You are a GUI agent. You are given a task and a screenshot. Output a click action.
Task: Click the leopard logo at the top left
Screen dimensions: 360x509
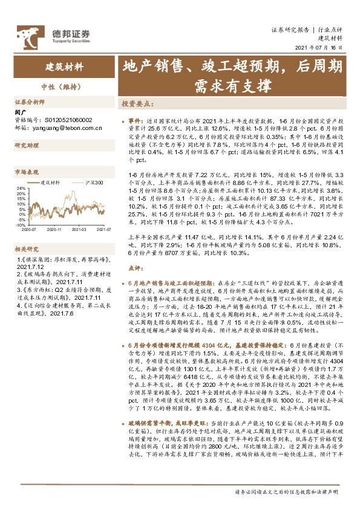(x=26, y=34)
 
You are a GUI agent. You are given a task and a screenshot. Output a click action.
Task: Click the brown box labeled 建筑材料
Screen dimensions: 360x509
(x=65, y=65)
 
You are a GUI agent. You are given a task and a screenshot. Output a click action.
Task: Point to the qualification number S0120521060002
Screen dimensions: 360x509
(x=60, y=120)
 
